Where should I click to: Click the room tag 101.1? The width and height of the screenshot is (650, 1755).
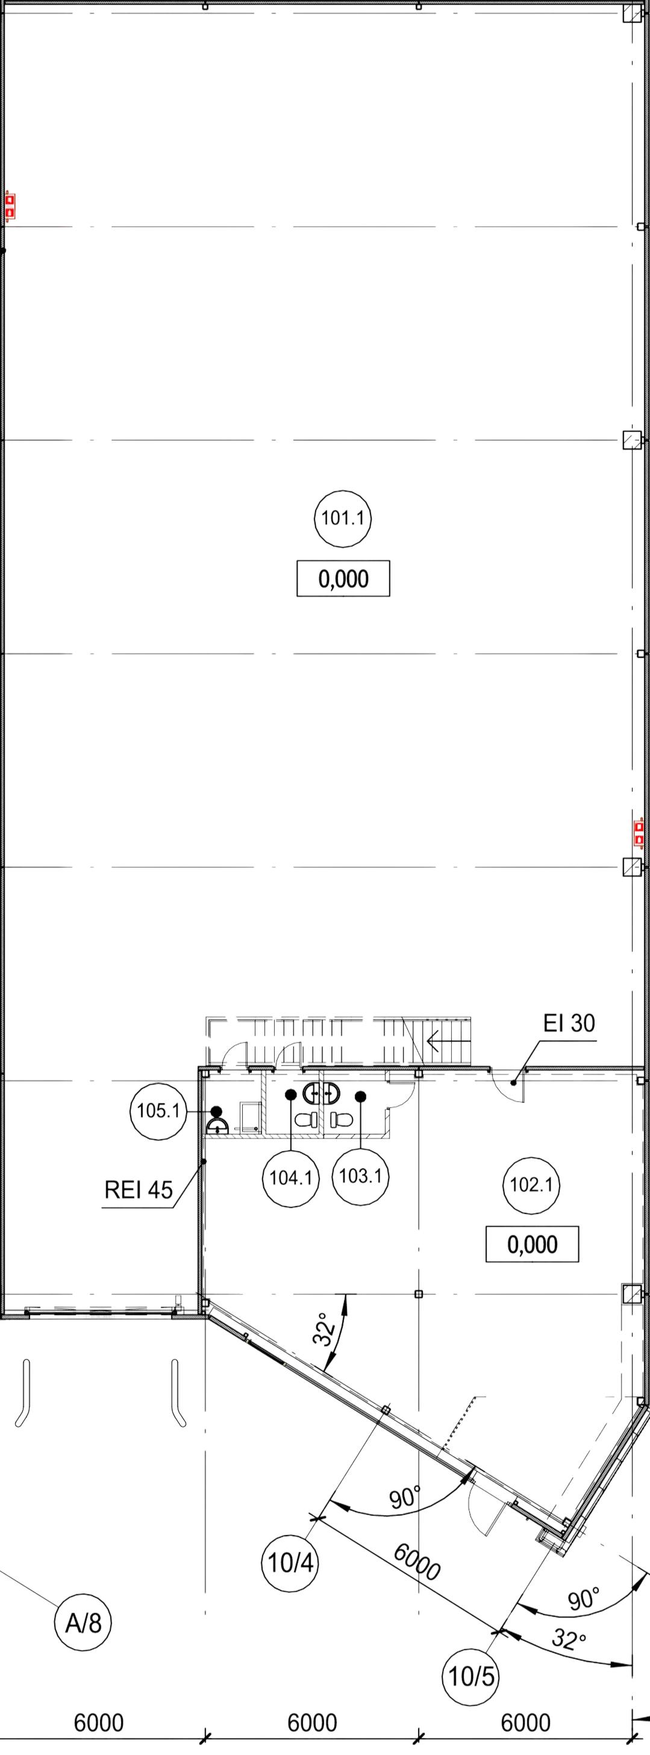tap(343, 519)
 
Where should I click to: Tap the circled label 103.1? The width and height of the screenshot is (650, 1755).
tap(360, 1176)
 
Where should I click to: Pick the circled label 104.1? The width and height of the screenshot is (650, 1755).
tap(291, 1177)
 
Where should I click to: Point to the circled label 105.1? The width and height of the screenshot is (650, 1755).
tap(158, 1111)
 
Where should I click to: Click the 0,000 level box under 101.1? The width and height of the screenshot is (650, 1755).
tap(343, 578)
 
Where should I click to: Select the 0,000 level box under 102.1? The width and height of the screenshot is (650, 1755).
tap(532, 1244)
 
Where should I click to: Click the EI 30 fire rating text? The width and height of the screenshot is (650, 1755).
tap(569, 1023)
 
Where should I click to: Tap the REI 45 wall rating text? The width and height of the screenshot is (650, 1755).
tap(139, 1190)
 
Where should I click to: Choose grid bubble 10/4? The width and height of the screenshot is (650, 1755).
tap(290, 1562)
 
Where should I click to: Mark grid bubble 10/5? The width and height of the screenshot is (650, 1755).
tap(471, 1676)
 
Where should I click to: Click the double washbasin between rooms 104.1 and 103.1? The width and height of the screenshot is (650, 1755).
tap(322, 1093)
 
